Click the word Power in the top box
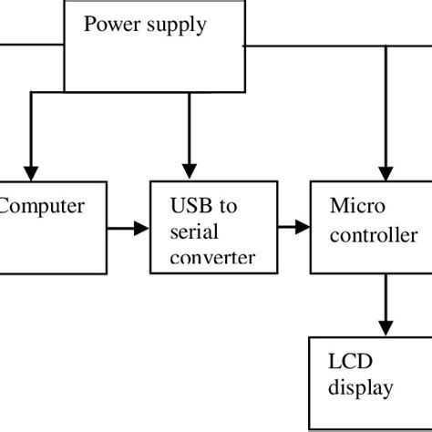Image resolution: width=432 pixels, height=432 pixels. coord(109,25)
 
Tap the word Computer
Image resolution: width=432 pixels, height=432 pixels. coord(42,206)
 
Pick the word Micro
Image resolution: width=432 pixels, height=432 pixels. coord(352,206)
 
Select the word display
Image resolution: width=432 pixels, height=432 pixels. coord(362,388)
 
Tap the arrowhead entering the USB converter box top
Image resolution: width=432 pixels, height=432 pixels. coord(189,170)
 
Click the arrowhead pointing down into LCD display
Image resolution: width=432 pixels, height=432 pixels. coord(388,325)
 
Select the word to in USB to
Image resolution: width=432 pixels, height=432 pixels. coord(227,206)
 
